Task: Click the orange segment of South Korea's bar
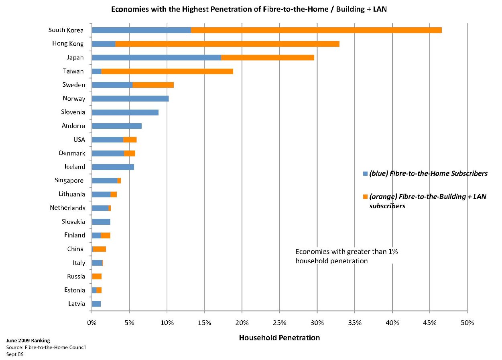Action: pos(316,30)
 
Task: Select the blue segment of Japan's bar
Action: pos(156,57)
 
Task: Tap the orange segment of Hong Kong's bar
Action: pos(227,44)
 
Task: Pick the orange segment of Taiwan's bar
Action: pos(167,71)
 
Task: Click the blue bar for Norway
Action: pos(130,99)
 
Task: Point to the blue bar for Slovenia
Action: pos(125,112)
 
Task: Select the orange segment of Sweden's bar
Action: pos(153,85)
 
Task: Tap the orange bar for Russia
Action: pos(97,277)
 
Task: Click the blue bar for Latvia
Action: pos(96,304)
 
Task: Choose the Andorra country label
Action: pos(73,126)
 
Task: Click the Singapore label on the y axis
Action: pos(69,181)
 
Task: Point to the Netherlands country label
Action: pos(67,208)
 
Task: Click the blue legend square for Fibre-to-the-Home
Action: pos(365,174)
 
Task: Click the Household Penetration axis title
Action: pos(279,338)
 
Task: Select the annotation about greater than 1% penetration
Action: pos(346,256)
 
